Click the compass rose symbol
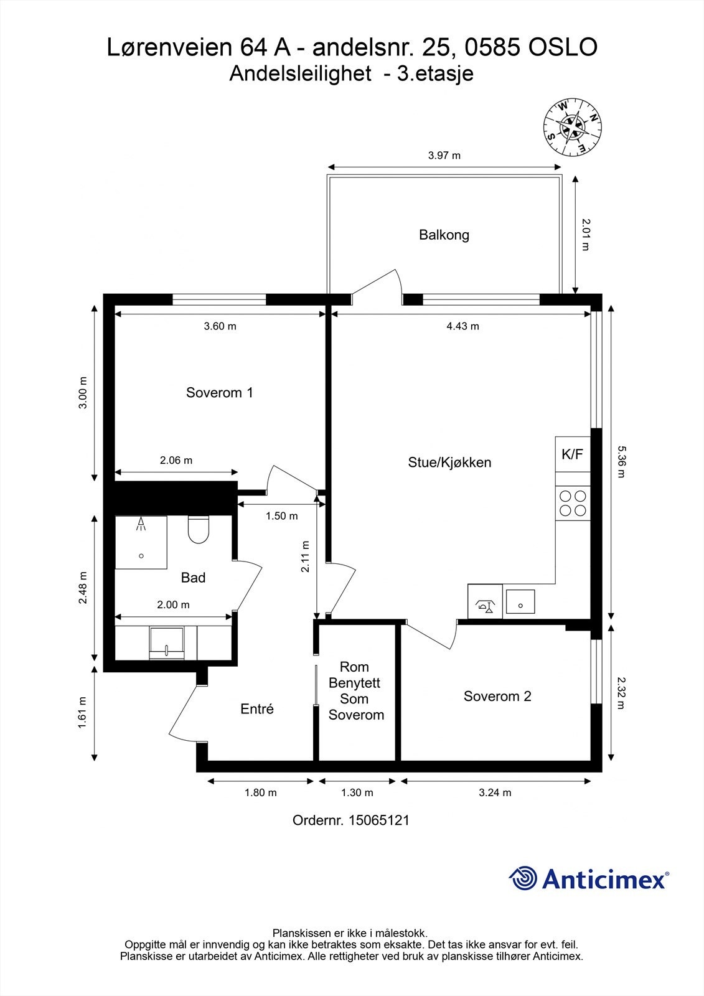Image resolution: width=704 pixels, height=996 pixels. [572, 128]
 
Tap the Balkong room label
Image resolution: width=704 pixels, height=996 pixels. [444, 235]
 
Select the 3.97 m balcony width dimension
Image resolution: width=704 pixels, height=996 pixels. [444, 156]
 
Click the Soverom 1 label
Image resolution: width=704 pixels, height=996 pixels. [219, 393]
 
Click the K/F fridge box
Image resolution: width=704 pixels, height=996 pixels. [573, 454]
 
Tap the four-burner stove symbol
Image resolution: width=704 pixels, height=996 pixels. [573, 504]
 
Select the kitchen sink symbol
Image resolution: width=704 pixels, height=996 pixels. [520, 602]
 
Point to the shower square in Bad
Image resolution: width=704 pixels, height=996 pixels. [141, 542]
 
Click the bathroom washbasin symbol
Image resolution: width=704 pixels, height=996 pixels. [166, 643]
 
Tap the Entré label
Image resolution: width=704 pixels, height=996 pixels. [257, 709]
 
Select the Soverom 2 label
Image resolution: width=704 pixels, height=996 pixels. [497, 697]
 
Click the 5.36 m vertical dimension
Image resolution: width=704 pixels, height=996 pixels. [619, 461]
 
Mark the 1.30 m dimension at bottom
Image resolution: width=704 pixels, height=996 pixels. [357, 792]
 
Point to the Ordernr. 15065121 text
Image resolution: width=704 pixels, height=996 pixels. [351, 820]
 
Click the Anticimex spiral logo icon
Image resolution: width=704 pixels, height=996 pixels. [523, 878]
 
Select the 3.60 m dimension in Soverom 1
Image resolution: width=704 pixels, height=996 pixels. [220, 326]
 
